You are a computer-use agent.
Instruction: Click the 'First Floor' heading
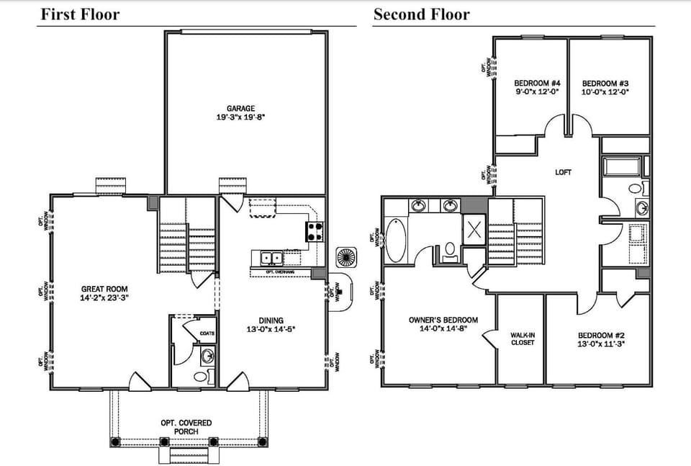click(79, 14)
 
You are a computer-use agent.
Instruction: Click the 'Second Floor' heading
click(421, 14)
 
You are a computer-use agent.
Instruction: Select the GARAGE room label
click(240, 109)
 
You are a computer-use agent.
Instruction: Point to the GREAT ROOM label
click(104, 289)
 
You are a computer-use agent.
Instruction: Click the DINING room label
click(271, 321)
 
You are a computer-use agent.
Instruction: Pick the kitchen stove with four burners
click(315, 231)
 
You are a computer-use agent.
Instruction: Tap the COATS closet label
click(207, 333)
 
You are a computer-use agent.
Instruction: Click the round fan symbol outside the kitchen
click(345, 257)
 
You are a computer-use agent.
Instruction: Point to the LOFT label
click(563, 172)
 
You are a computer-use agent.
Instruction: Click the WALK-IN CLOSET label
click(523, 339)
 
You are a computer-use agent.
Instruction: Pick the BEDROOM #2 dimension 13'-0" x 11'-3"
click(601, 344)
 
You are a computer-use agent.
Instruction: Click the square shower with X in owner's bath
click(474, 230)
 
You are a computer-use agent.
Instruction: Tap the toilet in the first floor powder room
click(200, 376)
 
